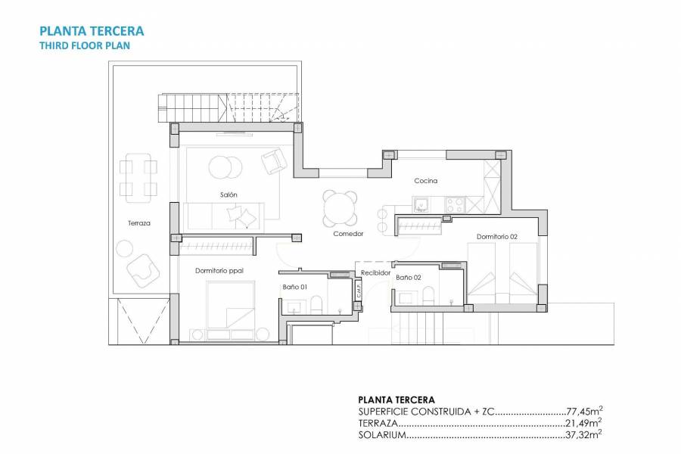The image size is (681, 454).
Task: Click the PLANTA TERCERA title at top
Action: [x=91, y=32]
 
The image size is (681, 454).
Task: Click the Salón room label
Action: [x=229, y=194]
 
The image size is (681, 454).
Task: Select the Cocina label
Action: [x=426, y=181]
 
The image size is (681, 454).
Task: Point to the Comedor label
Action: [x=348, y=234]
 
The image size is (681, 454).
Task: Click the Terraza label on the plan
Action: [x=139, y=223]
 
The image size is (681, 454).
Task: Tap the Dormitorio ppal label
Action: [x=219, y=270]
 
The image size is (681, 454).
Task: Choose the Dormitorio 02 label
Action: [x=497, y=237]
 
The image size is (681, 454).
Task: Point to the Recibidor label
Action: [x=375, y=272]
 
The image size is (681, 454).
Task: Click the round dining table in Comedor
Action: [x=339, y=207]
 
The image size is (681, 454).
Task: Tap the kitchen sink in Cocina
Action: [x=421, y=204]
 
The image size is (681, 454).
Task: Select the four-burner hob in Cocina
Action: [x=455, y=204]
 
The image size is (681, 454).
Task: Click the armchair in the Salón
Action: [x=272, y=160]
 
